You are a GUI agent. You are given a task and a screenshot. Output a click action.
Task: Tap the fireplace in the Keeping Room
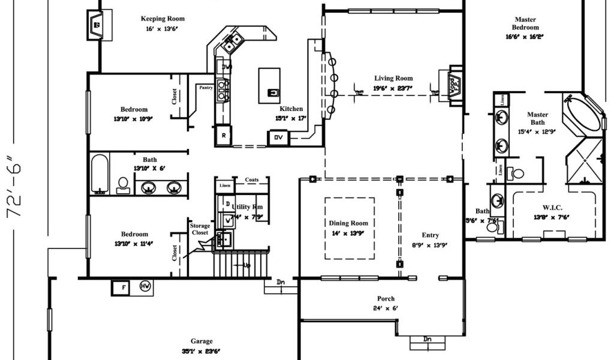pyautogui.click(x=97, y=25)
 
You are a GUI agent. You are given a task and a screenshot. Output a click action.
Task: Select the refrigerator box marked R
pyautogui.click(x=223, y=135)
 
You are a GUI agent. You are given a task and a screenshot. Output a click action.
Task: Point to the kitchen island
pyautogui.click(x=269, y=85)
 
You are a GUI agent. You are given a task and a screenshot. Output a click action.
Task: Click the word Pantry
pyautogui.click(x=206, y=88)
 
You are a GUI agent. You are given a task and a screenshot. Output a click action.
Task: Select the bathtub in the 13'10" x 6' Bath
pyautogui.click(x=100, y=173)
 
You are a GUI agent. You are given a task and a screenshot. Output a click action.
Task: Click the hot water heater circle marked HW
pyautogui.click(x=145, y=286)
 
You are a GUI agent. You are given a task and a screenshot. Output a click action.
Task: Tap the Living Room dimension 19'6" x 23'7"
pyautogui.click(x=393, y=88)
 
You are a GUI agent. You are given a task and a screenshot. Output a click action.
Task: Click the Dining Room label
pyautogui.click(x=348, y=223)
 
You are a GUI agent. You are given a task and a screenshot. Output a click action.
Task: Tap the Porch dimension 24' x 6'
pyautogui.click(x=385, y=308)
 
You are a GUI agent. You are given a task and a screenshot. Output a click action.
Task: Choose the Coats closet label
pyautogui.click(x=251, y=179)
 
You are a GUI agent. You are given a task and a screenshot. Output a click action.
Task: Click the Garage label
pyautogui.click(x=201, y=341)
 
